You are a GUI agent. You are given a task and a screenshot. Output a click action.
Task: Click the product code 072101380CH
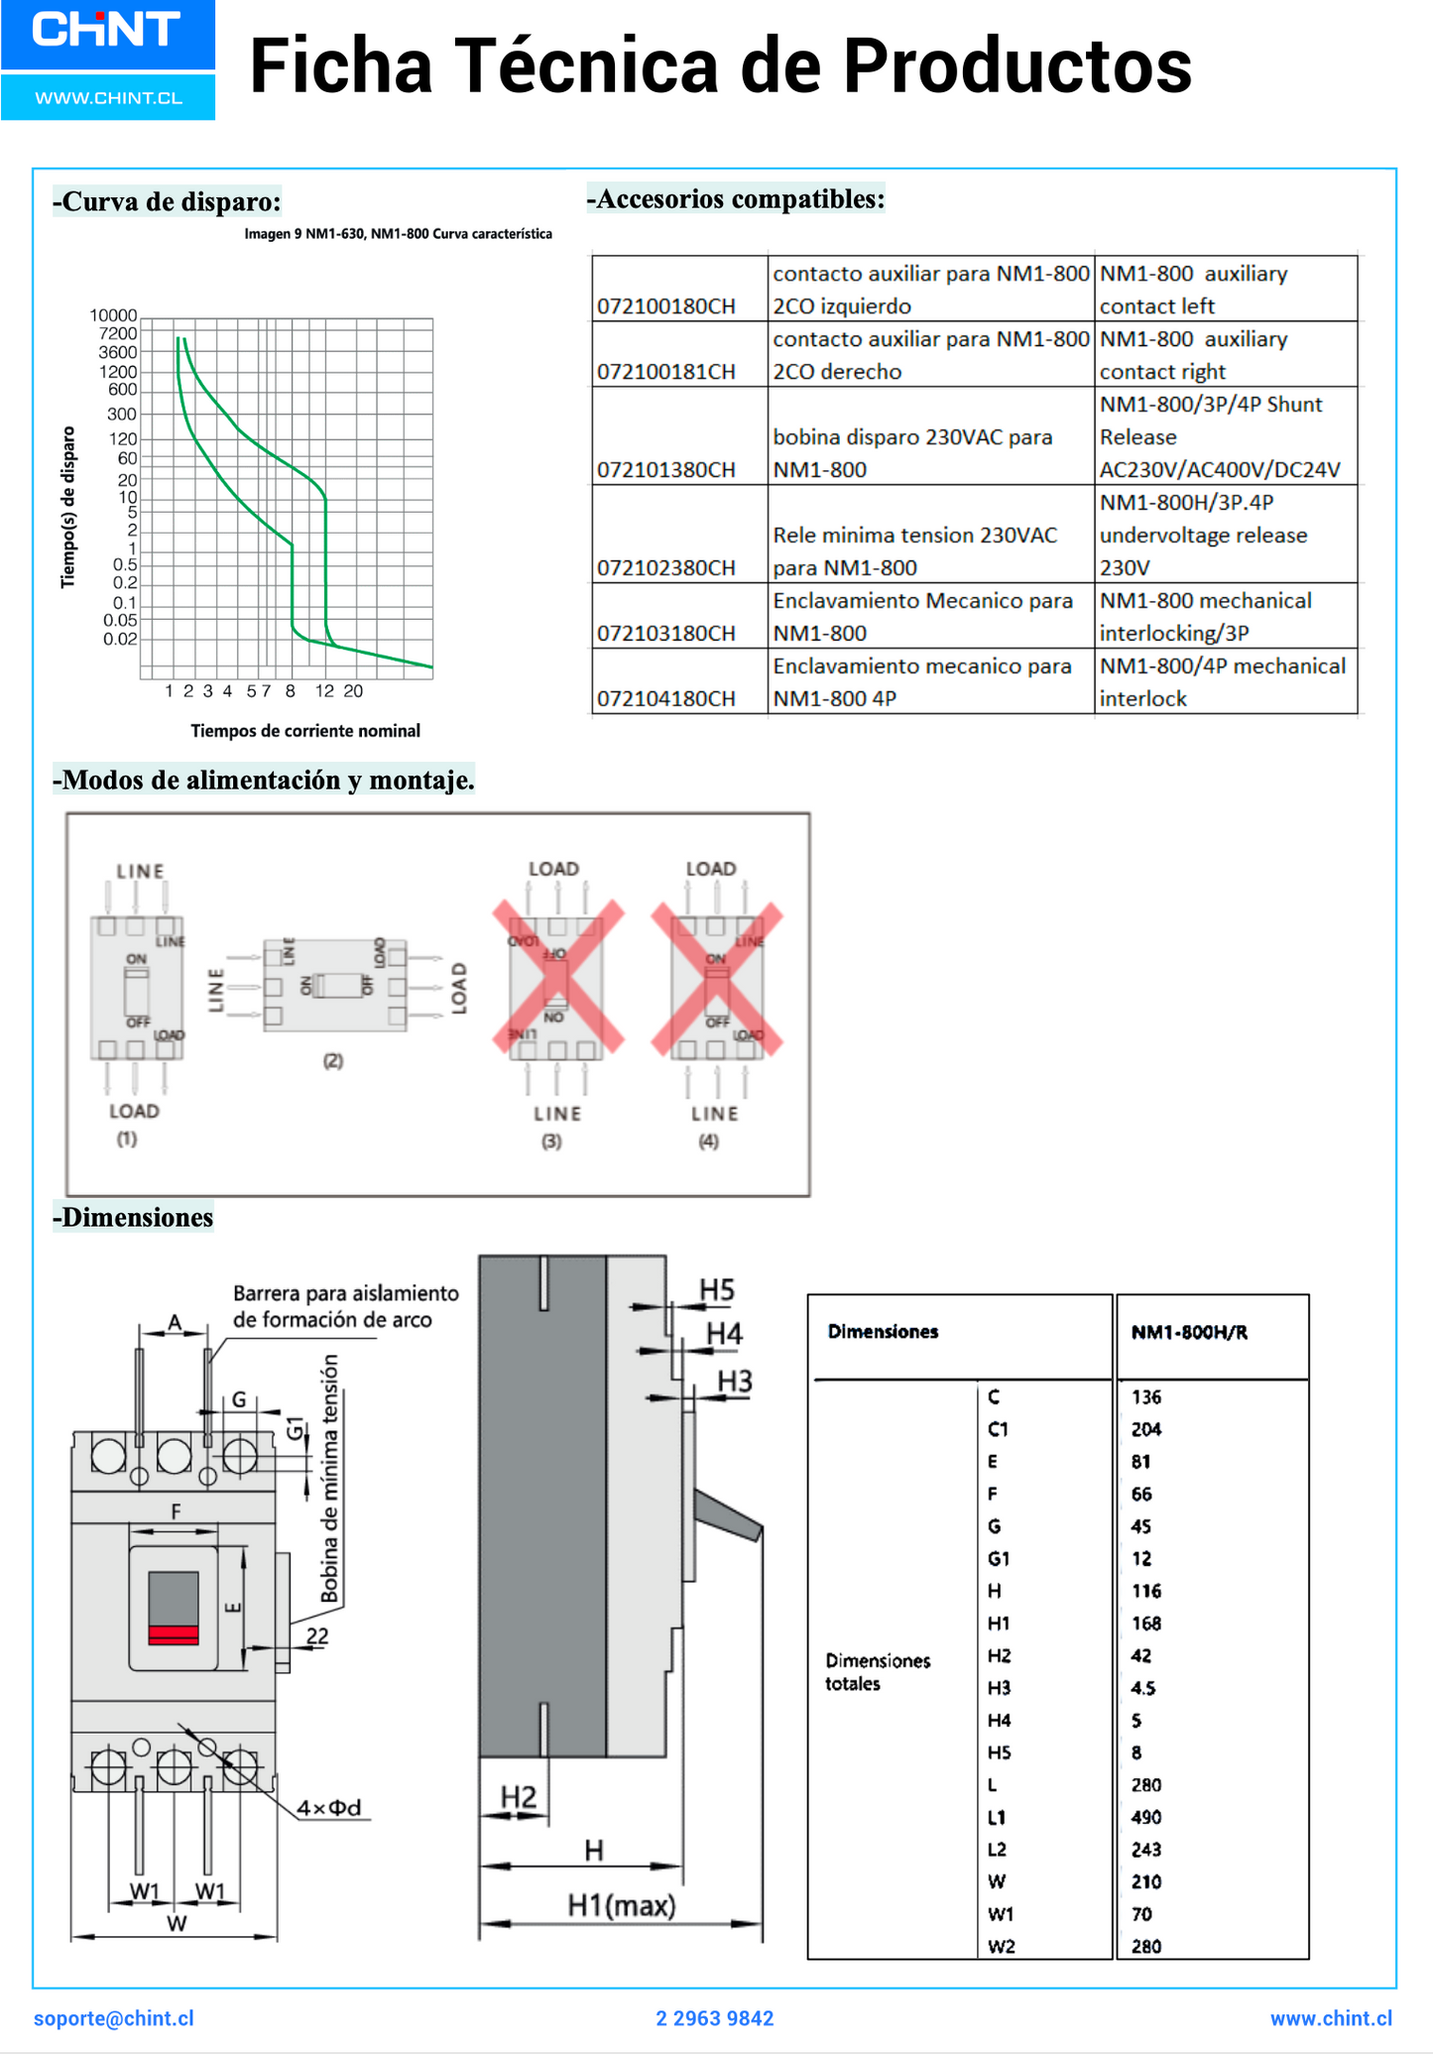click(666, 469)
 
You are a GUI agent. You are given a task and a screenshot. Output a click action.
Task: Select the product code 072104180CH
click(666, 698)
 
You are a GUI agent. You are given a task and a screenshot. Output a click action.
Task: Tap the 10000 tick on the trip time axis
click(113, 315)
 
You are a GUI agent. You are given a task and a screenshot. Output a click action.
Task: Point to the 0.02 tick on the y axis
click(120, 639)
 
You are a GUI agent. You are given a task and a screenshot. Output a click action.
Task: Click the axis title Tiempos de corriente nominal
click(305, 731)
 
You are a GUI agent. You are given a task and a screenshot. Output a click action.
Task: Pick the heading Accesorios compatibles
click(736, 198)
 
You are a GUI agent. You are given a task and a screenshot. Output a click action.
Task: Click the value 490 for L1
click(1145, 1817)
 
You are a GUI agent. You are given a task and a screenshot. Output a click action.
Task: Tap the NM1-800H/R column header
click(1189, 1332)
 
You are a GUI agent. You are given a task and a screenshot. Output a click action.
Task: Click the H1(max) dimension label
click(621, 1905)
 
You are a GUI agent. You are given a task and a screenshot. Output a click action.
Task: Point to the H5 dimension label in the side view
click(716, 1290)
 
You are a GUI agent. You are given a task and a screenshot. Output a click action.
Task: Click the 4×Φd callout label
click(329, 1808)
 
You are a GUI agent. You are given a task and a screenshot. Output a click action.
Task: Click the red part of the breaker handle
click(174, 1634)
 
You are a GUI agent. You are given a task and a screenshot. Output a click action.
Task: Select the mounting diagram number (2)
click(333, 1060)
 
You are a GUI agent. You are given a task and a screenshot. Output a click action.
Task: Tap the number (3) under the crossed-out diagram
click(551, 1142)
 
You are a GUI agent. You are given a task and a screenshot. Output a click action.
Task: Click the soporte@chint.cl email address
click(114, 2018)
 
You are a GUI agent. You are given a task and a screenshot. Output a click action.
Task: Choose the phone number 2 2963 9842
click(715, 2018)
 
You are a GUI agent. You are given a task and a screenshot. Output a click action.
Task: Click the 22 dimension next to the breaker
click(316, 1635)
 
